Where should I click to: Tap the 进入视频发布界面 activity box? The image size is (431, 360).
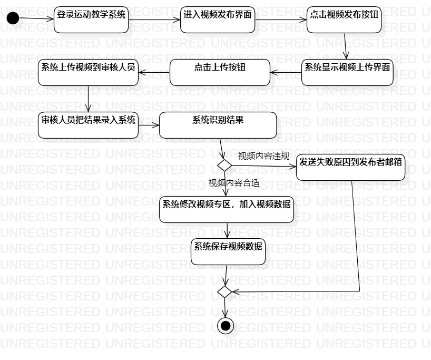(218, 20)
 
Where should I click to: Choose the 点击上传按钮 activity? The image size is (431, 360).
(219, 72)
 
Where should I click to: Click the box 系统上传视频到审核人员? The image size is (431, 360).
(88, 72)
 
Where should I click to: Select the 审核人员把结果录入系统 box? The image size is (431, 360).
(88, 125)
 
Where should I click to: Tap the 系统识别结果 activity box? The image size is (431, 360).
(218, 125)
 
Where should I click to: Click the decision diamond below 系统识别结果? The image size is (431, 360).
(225, 165)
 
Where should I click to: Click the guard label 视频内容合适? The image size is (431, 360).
(234, 183)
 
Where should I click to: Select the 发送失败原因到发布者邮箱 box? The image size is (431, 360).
(350, 167)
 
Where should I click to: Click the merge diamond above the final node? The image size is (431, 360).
(225, 291)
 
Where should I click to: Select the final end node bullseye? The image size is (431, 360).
(226, 326)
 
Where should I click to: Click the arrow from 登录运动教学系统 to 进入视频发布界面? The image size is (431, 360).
(154, 20)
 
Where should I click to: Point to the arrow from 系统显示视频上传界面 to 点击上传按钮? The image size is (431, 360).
(286, 72)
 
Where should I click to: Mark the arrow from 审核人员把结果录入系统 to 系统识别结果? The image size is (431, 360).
(149, 125)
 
